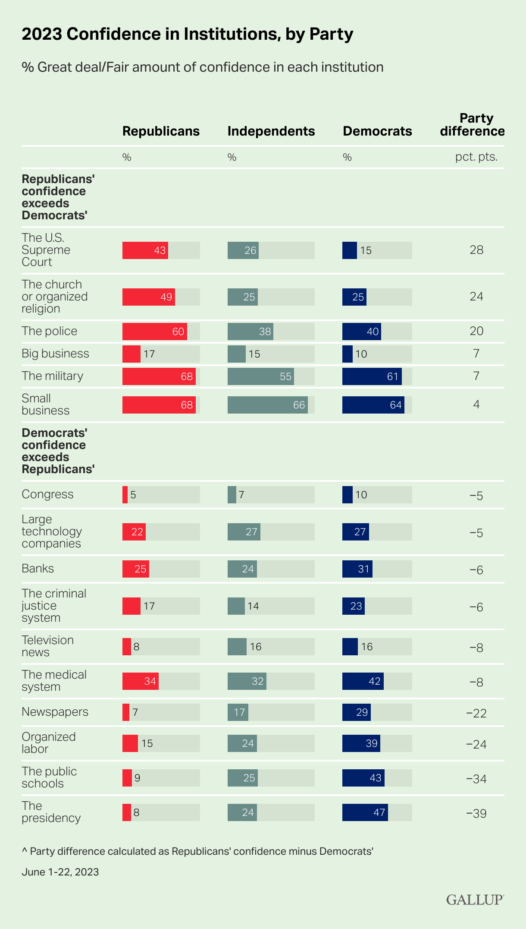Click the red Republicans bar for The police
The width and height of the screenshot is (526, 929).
click(x=154, y=332)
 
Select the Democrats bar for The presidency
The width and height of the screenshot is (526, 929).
click(x=365, y=812)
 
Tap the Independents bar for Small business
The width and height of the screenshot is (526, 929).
click(x=267, y=405)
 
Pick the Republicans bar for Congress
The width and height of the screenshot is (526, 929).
click(x=125, y=495)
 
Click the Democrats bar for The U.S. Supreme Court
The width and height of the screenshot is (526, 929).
click(x=350, y=250)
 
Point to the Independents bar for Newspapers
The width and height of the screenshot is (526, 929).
click(x=238, y=712)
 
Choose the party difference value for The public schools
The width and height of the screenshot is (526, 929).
click(x=476, y=779)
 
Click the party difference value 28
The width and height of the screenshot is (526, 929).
click(x=476, y=250)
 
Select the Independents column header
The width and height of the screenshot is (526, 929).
click(x=271, y=131)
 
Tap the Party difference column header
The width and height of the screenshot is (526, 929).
click(x=473, y=125)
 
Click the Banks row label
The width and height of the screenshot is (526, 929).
click(x=38, y=569)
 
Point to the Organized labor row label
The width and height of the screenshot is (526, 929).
click(x=48, y=743)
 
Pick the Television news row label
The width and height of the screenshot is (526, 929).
click(x=47, y=646)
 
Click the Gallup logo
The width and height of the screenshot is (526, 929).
click(x=475, y=900)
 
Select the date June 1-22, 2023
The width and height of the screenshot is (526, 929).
click(x=60, y=872)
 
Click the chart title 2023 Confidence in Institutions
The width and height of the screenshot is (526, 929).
click(x=188, y=34)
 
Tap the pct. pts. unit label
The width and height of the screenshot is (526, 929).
click(x=476, y=157)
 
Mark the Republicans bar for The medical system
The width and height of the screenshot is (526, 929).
click(x=140, y=681)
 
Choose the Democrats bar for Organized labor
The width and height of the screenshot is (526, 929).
click(x=361, y=743)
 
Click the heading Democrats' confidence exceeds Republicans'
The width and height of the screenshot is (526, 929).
click(x=58, y=451)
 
